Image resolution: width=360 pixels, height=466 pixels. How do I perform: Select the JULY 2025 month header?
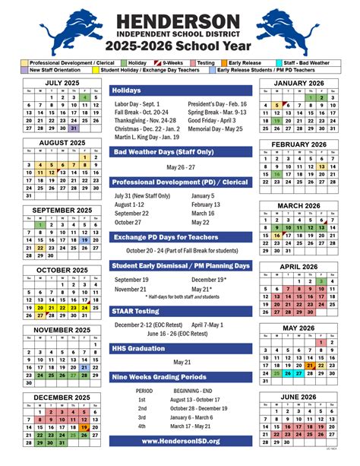pyautogui.click(x=62, y=82)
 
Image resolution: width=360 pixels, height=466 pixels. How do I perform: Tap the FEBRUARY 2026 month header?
pyautogui.click(x=298, y=144)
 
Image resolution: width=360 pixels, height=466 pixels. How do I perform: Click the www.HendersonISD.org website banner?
pyautogui.click(x=181, y=440)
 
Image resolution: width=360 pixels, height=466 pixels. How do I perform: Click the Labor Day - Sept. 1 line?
pyautogui.click(x=136, y=103)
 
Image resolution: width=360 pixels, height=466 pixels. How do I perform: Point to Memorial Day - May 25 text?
pyautogui.click(x=215, y=128)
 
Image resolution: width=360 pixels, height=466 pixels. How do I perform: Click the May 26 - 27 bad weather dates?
pyautogui.click(x=180, y=167)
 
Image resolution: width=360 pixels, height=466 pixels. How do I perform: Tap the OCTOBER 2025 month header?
pyautogui.click(x=62, y=270)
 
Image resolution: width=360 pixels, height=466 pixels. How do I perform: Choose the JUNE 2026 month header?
pyautogui.click(x=298, y=397)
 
